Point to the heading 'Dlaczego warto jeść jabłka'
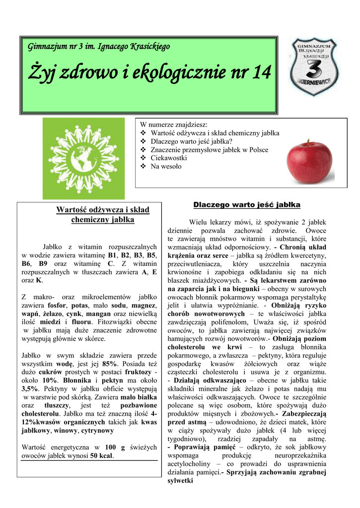(247, 204)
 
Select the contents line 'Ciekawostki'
(169, 158)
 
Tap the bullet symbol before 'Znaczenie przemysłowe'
(144, 150)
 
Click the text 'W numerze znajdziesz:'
(174, 125)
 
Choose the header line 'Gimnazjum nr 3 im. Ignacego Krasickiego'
(99, 47)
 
